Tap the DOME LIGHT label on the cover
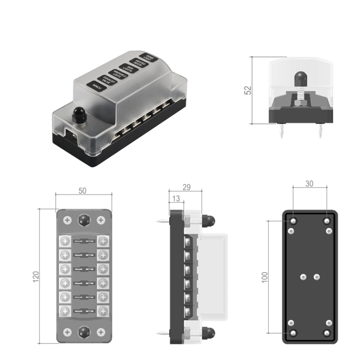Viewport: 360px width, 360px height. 150,59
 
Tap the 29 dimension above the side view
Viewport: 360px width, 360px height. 187,187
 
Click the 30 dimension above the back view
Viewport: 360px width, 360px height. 310,184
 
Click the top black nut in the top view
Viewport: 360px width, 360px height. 84,220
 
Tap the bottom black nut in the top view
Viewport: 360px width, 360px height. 84,332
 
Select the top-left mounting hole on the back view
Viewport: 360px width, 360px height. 294,221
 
